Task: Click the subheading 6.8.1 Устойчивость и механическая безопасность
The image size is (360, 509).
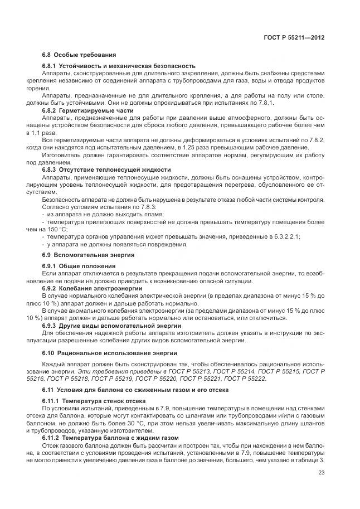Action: point(119,66)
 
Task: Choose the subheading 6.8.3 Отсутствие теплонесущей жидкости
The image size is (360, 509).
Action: point(106,169)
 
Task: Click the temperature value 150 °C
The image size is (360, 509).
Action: point(72,229)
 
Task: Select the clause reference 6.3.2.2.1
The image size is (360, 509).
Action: point(284,236)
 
